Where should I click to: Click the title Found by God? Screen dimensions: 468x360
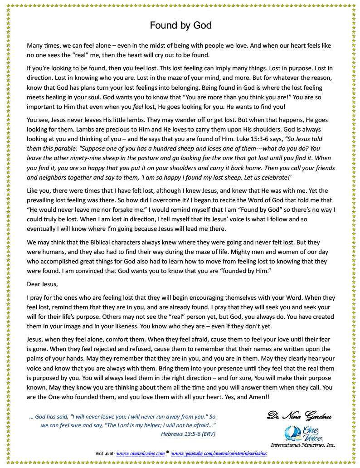(x=180, y=25)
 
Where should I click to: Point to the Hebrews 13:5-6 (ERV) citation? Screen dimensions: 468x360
(x=188, y=434)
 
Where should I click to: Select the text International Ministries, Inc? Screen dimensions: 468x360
(x=302, y=445)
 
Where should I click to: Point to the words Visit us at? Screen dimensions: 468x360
(x=105, y=453)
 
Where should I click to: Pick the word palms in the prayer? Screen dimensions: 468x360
(x=38, y=359)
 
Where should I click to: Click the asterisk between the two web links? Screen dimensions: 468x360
(x=168, y=453)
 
